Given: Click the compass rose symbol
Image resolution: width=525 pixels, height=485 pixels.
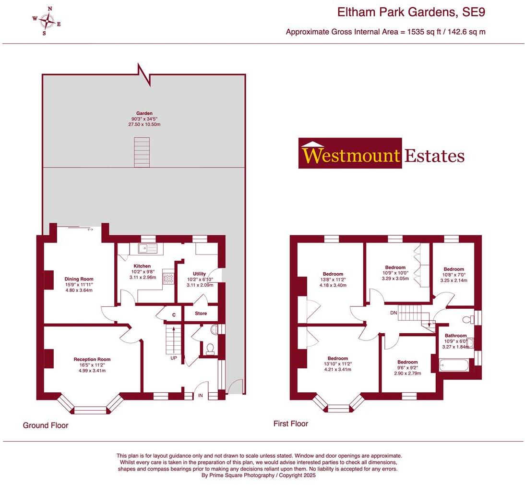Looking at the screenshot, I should (x=47, y=21).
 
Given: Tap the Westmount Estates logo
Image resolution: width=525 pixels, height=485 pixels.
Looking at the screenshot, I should (x=382, y=154).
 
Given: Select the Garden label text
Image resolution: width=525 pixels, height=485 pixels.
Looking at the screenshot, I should (x=144, y=113).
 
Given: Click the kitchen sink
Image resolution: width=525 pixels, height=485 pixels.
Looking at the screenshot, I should (x=148, y=248).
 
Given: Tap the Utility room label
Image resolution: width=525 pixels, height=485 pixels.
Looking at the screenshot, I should (x=199, y=273).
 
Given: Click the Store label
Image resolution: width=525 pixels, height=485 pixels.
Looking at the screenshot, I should (x=201, y=314).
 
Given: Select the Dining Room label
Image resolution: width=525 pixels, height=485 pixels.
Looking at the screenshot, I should (x=79, y=279).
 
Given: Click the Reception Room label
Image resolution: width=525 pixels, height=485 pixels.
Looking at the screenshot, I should (x=92, y=359).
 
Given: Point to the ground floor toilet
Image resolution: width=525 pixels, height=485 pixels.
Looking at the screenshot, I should (x=209, y=347).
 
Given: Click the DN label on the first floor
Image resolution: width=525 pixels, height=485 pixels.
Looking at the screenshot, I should (x=394, y=313).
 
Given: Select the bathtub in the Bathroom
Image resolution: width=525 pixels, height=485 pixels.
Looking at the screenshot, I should (x=453, y=365).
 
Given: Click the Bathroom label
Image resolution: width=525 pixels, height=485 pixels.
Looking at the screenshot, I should (x=455, y=336).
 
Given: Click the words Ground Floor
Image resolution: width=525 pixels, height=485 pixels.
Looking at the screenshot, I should (x=46, y=425).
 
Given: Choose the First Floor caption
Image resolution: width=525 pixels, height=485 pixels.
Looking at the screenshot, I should (x=291, y=424).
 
